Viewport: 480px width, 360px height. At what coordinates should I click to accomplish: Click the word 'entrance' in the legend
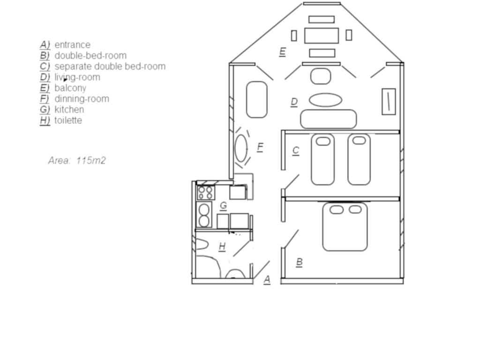pos(72,45)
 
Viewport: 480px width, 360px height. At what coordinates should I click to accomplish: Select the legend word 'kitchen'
pos(69,109)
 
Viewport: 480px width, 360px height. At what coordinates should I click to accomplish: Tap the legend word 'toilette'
pos(68,120)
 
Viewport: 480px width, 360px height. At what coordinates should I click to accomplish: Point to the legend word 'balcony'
pos(70,88)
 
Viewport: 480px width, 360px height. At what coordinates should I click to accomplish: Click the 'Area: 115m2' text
pos(77,160)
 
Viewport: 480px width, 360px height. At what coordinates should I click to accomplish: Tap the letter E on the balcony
pos(282,52)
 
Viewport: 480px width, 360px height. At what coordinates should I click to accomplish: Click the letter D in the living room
pos(294,102)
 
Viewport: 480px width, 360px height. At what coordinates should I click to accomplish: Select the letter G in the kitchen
pos(224,205)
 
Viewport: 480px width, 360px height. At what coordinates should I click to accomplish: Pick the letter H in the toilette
pos(222,246)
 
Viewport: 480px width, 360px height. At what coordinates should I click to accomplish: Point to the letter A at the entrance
pos(267,279)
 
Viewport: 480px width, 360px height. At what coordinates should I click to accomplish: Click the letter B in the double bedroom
pos(300,262)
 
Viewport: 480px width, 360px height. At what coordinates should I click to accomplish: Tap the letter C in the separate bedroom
pos(295,150)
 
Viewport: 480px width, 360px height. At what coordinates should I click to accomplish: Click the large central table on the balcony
pos(322,36)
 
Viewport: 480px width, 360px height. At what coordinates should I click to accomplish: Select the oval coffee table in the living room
pos(325,100)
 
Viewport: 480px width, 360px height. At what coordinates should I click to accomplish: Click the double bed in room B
pos(345,226)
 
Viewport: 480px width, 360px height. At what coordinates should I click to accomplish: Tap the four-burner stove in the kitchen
pos(205,193)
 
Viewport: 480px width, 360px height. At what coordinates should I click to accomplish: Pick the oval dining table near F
pos(241,148)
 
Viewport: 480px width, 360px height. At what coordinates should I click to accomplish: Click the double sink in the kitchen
pos(204,215)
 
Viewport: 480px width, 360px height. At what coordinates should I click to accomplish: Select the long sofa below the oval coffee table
pos(329,119)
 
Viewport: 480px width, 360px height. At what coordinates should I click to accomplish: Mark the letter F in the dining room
pos(260,148)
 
